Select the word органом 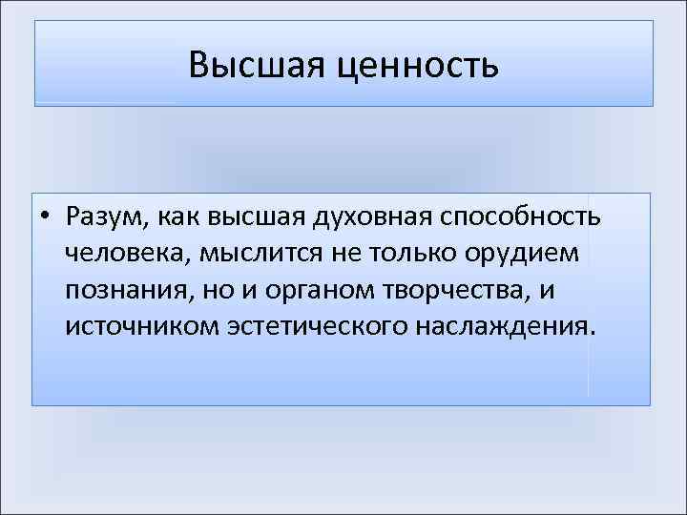coord(304,291)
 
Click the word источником coord(141,327)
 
